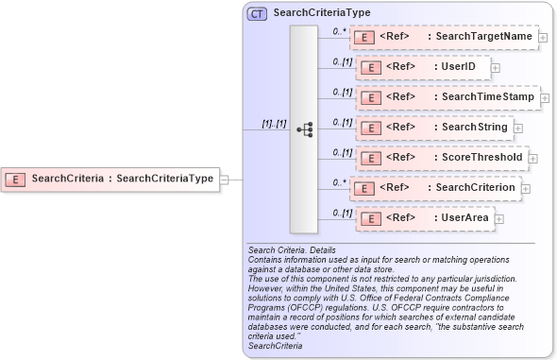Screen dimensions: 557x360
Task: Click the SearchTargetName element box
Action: [444, 37]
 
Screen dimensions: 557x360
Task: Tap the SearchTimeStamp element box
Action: [447, 97]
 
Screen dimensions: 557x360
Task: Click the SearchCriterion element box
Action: [435, 188]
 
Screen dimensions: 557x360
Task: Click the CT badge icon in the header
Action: [257, 14]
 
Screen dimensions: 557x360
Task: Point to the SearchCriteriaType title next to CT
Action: [321, 14]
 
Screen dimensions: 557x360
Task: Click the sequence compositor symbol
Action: [304, 129]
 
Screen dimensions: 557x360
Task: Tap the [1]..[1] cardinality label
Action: [274, 124]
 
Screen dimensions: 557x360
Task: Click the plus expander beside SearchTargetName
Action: [544, 38]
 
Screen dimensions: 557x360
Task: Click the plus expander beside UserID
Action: [496, 68]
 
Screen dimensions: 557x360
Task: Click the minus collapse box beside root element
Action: [225, 178]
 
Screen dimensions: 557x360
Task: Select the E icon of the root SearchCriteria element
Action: [16, 178]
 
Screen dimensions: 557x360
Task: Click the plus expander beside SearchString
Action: [518, 129]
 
